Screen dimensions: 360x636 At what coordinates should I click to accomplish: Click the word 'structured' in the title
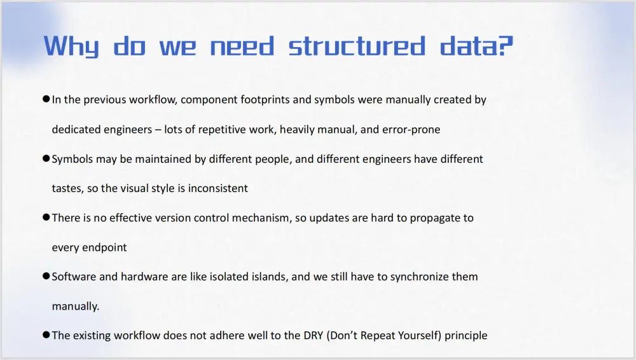(x=357, y=46)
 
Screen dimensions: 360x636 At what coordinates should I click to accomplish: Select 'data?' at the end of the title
(x=476, y=46)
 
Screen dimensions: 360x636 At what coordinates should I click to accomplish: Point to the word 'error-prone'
(x=411, y=130)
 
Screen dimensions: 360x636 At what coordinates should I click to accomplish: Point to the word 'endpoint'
(x=104, y=248)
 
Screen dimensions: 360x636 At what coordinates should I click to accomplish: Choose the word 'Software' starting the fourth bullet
(x=73, y=277)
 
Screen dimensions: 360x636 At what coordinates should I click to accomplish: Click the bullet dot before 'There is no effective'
(x=46, y=218)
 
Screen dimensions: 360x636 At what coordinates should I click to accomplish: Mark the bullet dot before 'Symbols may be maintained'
(x=46, y=158)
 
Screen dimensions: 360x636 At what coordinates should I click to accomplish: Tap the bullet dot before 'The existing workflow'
(x=46, y=335)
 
